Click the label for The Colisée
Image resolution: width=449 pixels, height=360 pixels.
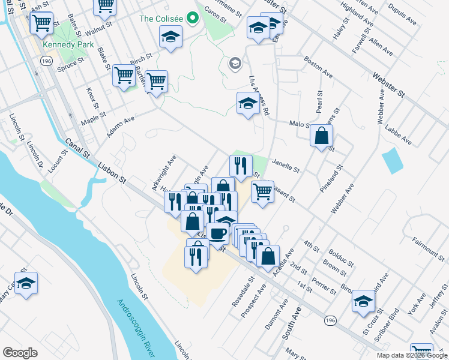(x=161, y=19)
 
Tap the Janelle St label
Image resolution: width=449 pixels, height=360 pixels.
(x=285, y=166)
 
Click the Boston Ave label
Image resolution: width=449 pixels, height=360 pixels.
(x=318, y=67)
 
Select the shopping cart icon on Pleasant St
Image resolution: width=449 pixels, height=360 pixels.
(x=262, y=192)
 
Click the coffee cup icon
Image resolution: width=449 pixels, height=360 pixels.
(x=217, y=232)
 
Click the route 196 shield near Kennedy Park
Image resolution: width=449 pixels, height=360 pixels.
(x=46, y=61)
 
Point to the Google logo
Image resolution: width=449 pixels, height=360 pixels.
(x=20, y=353)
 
